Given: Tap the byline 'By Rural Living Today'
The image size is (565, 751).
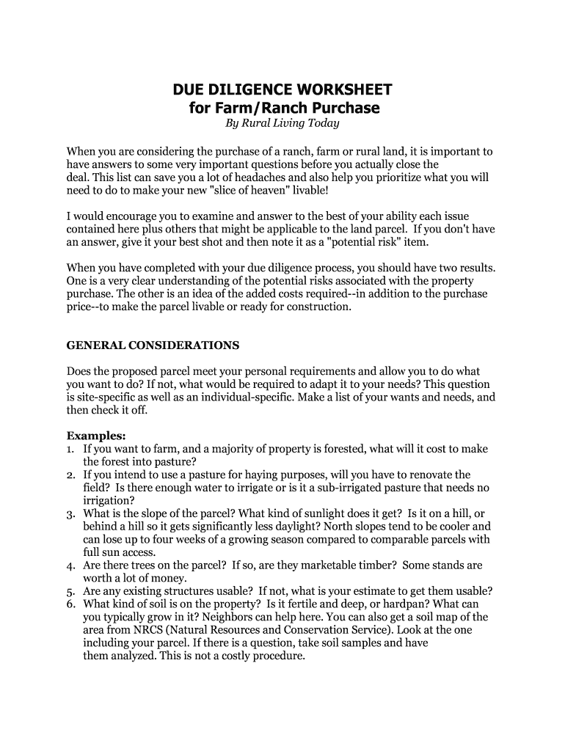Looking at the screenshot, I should [282, 123].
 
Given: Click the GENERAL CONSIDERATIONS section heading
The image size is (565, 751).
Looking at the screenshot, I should [153, 345].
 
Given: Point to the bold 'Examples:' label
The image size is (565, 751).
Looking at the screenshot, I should [96, 434].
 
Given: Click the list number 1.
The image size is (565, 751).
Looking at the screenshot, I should [70, 448].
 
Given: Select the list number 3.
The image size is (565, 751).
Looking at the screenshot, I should [70, 513].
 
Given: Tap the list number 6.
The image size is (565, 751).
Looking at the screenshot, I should [70, 604].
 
